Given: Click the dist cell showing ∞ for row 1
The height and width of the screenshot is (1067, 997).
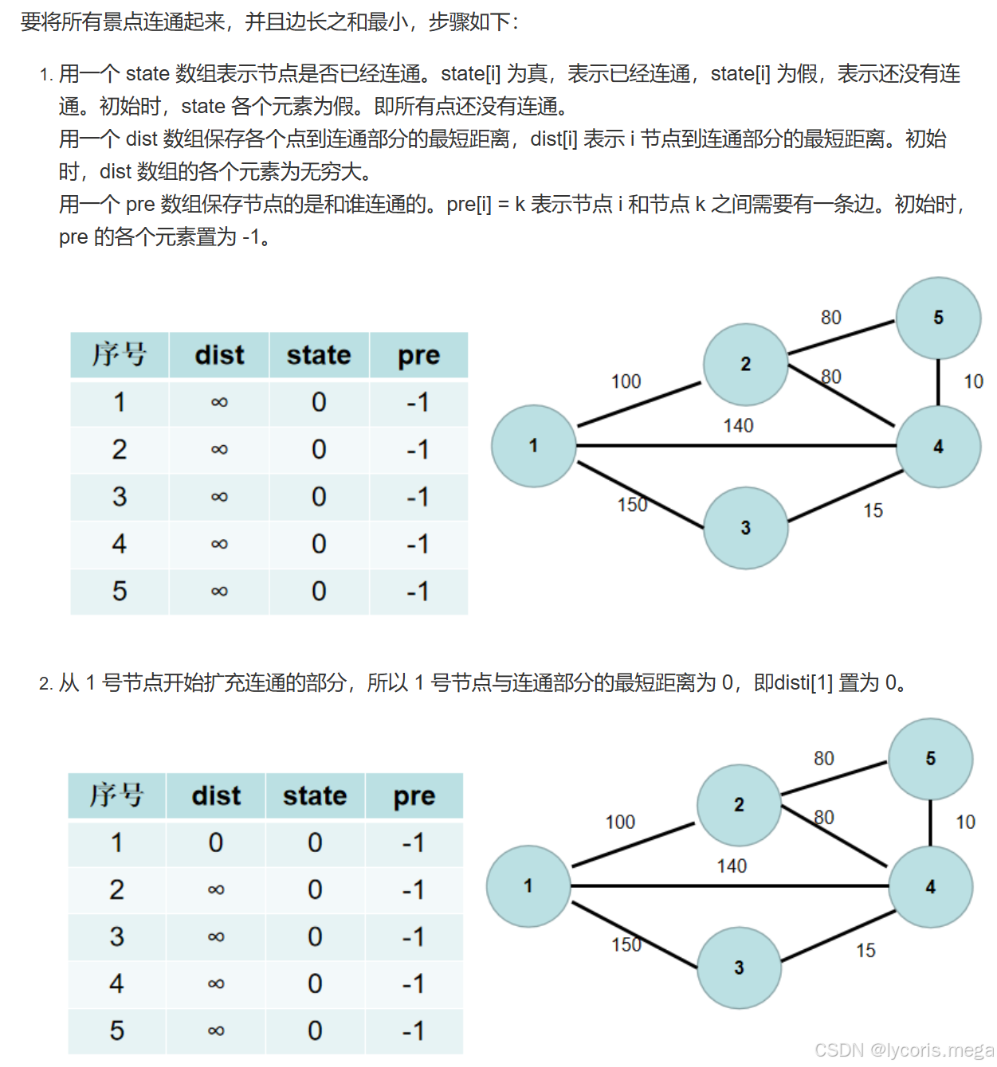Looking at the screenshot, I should (219, 403).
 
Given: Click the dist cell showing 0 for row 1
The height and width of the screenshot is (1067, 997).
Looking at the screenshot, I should (216, 842).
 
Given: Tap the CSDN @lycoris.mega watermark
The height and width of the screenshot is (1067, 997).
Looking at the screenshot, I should (904, 1050).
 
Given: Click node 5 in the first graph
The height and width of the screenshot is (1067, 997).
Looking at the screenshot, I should (938, 318).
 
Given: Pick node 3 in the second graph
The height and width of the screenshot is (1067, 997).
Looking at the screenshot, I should (739, 967).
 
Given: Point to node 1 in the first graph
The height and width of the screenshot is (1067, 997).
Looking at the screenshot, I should (533, 446).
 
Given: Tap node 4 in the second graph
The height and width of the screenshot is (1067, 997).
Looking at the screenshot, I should (930, 887).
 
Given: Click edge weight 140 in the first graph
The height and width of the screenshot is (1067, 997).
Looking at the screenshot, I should (738, 426).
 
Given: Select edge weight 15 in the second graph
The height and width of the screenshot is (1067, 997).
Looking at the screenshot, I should (866, 951).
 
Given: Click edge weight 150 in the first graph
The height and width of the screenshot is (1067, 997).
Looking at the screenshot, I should (632, 505).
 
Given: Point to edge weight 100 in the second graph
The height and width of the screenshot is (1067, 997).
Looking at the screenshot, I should (620, 822).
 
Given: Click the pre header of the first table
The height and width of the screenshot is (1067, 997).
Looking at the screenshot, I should (418, 355).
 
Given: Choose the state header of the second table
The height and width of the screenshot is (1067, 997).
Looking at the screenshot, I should (315, 795).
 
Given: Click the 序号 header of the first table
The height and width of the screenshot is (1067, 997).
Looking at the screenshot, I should (120, 355).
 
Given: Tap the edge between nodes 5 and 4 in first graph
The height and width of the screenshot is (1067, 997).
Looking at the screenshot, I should (938, 382).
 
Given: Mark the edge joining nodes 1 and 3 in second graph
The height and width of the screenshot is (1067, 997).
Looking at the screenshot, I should (634, 935).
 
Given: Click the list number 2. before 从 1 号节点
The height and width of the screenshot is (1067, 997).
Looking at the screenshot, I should (45, 684).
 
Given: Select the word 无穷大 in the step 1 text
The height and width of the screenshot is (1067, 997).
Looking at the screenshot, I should (340, 172).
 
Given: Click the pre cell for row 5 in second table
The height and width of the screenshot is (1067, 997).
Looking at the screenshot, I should (414, 1031).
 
